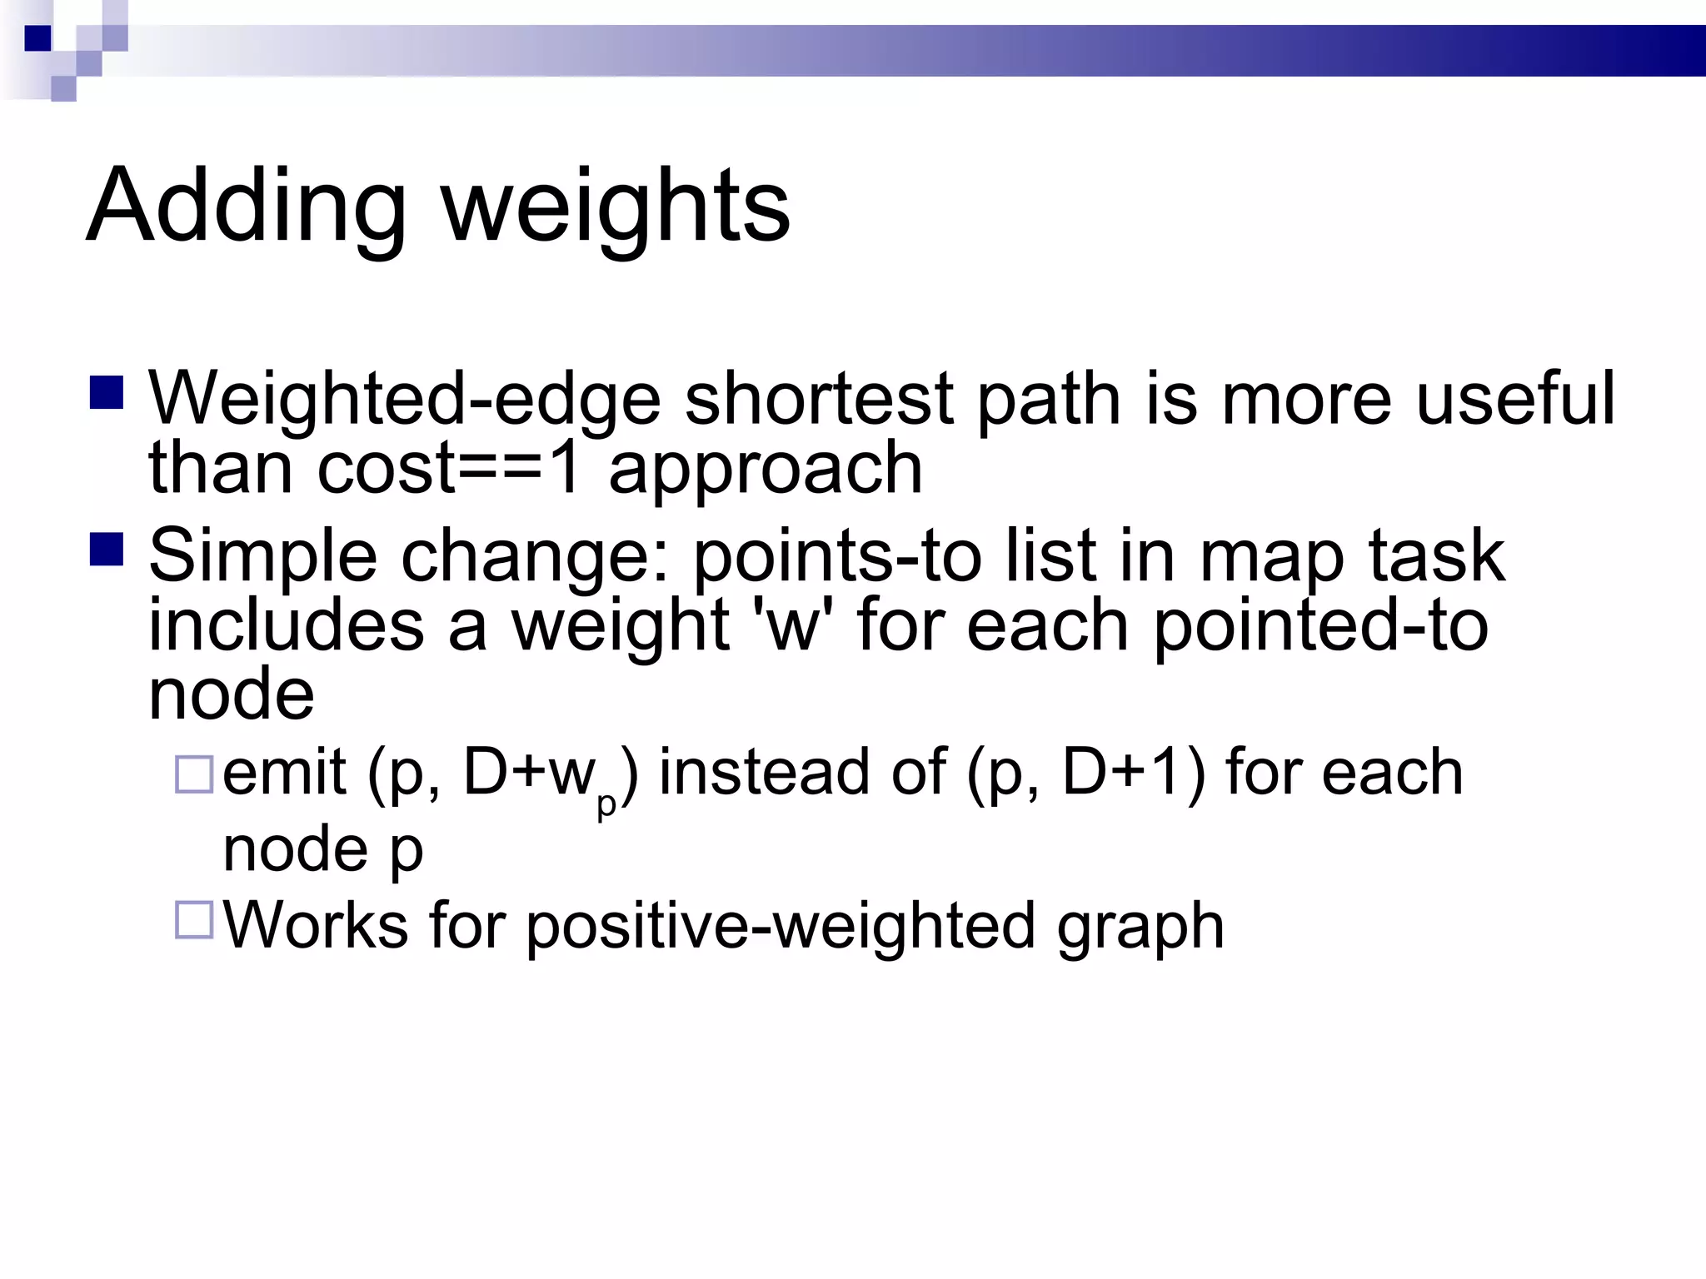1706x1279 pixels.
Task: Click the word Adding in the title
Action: click(x=247, y=207)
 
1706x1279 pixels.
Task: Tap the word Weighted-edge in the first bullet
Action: click(x=405, y=400)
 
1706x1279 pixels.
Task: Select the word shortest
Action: click(x=819, y=400)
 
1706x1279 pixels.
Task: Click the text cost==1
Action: click(x=449, y=468)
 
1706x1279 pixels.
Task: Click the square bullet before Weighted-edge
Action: click(x=107, y=393)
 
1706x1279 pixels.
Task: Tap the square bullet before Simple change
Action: click(x=107, y=550)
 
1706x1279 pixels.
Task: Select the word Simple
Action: click(x=262, y=556)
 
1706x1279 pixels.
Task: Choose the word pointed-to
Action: click(x=1320, y=626)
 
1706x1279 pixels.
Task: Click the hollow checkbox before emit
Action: click(x=194, y=774)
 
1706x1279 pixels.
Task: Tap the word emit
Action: click(x=284, y=773)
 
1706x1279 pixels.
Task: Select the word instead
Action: click(x=766, y=773)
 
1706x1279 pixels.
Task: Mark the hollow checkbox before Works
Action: click(x=194, y=920)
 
